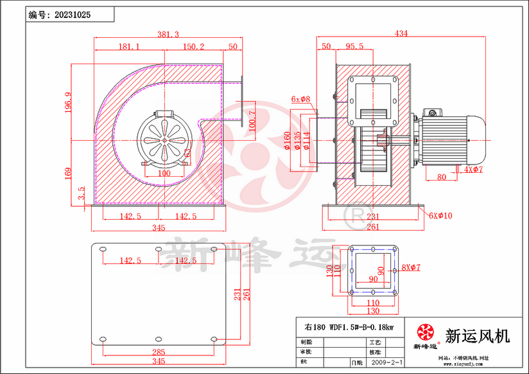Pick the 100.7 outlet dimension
[252, 121]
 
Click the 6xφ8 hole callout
[300, 100]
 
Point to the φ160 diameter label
[288, 141]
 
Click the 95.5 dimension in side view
[354, 46]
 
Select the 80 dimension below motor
[442, 177]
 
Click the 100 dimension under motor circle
[164, 174]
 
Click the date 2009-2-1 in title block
[388, 362]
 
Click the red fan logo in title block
[425, 332]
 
